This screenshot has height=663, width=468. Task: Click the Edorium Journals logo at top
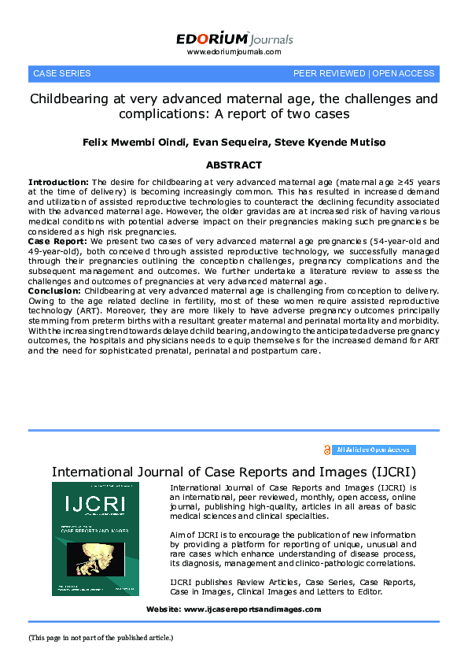coord(234,39)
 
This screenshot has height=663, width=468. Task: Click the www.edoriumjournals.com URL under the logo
coord(234,52)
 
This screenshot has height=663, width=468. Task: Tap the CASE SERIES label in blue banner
coord(61,73)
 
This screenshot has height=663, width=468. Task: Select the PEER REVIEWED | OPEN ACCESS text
coord(363,73)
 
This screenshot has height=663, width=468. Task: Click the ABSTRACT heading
coord(234,165)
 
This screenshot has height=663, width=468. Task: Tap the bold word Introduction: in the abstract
coord(59,182)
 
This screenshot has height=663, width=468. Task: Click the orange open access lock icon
coord(326,450)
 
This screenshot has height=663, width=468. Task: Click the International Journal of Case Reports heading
coord(234,472)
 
